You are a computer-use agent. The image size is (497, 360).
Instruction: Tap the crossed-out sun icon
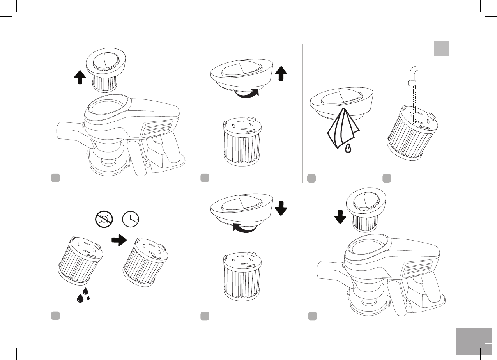[104, 219]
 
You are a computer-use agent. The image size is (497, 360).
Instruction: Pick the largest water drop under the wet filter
[81, 298]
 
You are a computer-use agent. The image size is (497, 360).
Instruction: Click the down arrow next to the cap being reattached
[281, 209]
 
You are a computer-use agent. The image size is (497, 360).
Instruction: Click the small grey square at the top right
[442, 48]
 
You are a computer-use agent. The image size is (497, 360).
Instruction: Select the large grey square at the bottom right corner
[473, 341]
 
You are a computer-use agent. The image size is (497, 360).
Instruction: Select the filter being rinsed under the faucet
[412, 135]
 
